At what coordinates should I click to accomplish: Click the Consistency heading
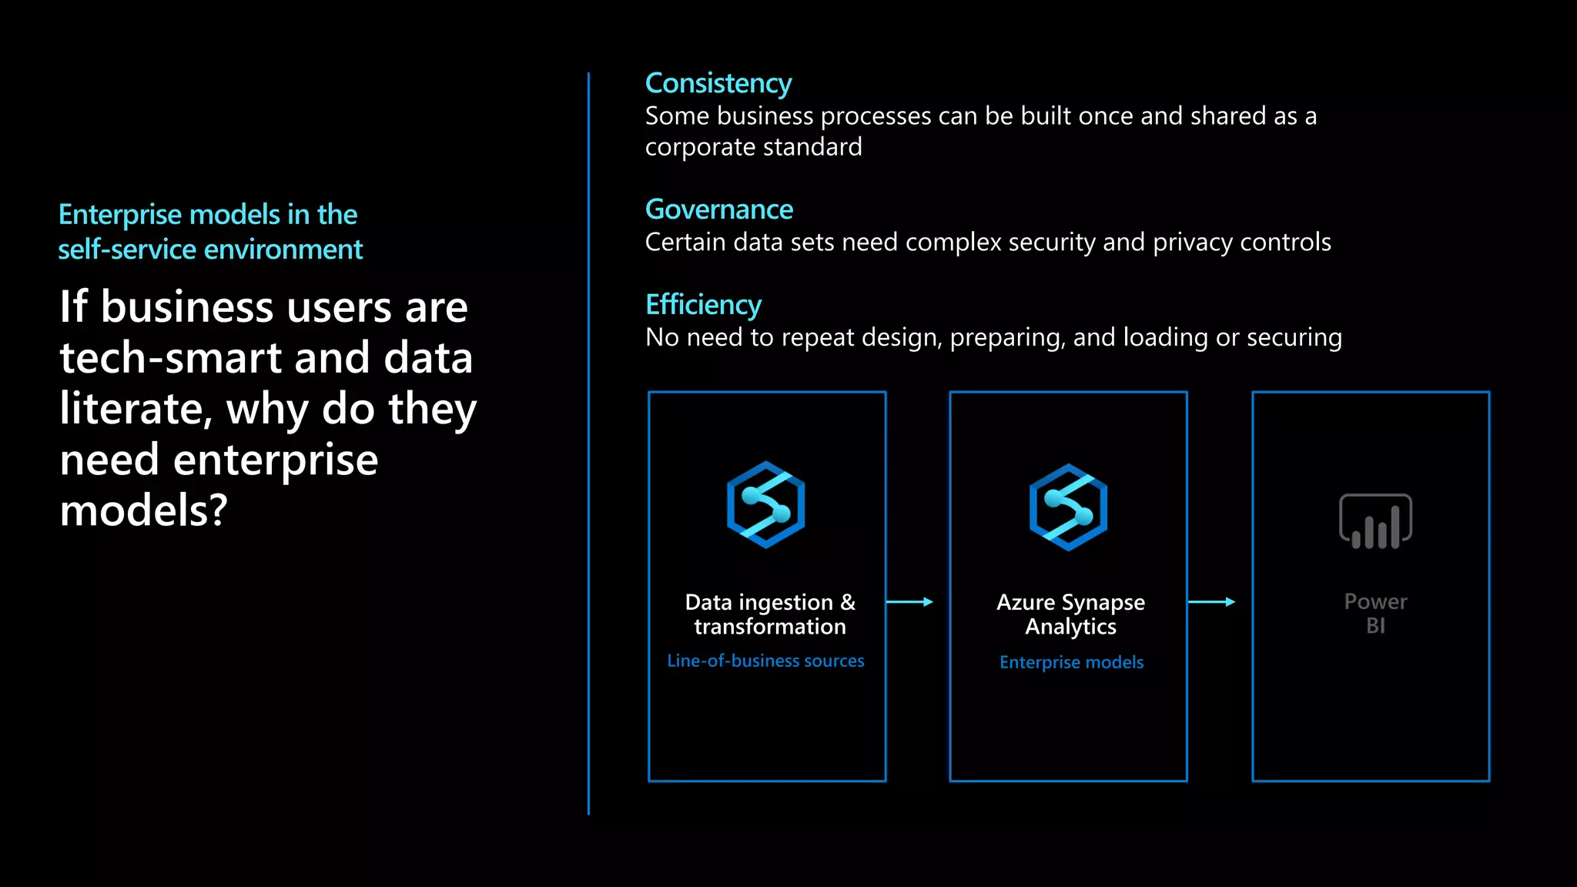coord(718,83)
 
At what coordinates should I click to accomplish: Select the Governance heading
coord(718,209)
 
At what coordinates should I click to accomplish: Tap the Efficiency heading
coord(703,305)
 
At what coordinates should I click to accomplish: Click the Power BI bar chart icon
coord(1375,522)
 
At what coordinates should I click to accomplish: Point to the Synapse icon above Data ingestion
coord(765,505)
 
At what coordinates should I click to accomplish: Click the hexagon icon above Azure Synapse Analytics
coord(1068,507)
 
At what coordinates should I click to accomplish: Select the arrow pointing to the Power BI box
coord(1212,602)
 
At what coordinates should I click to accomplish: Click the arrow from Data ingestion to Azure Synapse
coord(909,602)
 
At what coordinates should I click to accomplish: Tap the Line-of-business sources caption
coord(765,661)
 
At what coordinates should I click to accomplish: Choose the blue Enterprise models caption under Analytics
coord(1071,662)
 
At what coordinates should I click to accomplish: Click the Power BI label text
coord(1375,614)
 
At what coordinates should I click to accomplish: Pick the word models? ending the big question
coord(144,510)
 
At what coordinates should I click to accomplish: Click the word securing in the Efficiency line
coord(1294,337)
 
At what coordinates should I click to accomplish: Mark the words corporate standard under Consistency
coord(753,147)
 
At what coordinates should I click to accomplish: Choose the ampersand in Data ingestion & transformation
coord(848,602)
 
